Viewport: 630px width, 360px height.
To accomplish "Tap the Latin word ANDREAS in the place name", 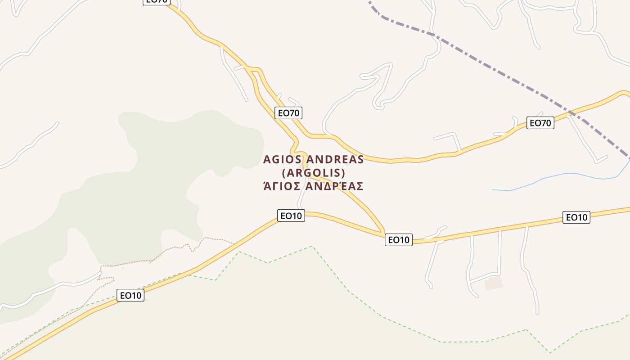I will pyautogui.click(x=335, y=160).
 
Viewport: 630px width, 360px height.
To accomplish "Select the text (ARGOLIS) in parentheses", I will pyautogui.click(x=313, y=173).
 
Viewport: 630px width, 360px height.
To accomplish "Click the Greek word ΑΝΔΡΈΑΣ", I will pyautogui.click(x=334, y=186).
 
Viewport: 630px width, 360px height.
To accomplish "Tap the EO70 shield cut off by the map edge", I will pyautogui.click(x=157, y=1).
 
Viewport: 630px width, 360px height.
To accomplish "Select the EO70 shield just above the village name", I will pyautogui.click(x=288, y=113).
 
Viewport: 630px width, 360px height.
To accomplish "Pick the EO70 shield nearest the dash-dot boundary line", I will pyautogui.click(x=540, y=123).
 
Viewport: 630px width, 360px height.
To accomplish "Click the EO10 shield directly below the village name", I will pyautogui.click(x=291, y=216).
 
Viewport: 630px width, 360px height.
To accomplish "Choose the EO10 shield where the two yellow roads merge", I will pyautogui.click(x=399, y=240).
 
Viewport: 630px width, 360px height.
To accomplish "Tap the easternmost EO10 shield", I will pyautogui.click(x=576, y=218).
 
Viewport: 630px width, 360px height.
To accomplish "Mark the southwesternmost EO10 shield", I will pyautogui.click(x=130, y=296).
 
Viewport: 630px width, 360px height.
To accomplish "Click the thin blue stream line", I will pyautogui.click(x=562, y=174).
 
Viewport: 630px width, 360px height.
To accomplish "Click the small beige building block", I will pyautogui.click(x=494, y=283).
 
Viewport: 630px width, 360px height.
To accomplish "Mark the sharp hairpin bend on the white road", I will pyautogui.click(x=377, y=106).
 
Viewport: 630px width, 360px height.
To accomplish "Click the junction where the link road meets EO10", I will pyautogui.click(x=383, y=232).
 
